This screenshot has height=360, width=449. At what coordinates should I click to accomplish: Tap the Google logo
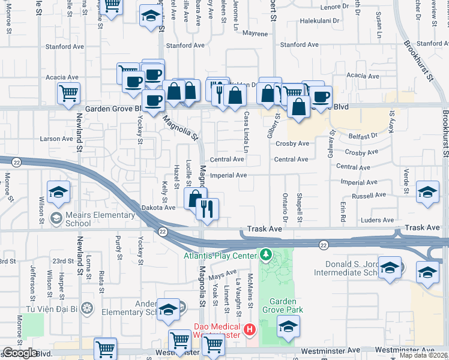[20, 353]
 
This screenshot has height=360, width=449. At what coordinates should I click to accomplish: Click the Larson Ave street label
[56, 139]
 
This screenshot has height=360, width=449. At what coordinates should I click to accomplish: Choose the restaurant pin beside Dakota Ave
[207, 209]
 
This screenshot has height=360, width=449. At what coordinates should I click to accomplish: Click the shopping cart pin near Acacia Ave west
[68, 93]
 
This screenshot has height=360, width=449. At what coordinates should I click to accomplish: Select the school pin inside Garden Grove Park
[289, 326]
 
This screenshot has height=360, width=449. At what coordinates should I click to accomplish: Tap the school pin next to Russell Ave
[427, 192]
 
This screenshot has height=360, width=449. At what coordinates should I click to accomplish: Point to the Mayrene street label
[255, 34]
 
